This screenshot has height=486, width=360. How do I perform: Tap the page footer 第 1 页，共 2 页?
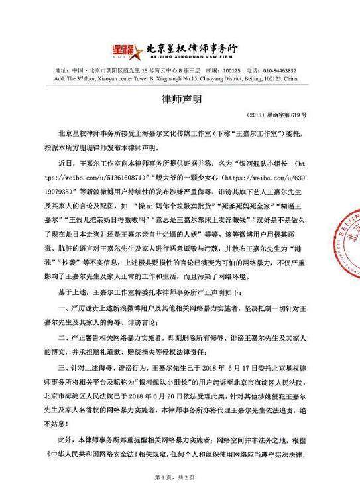pos(179,477)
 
